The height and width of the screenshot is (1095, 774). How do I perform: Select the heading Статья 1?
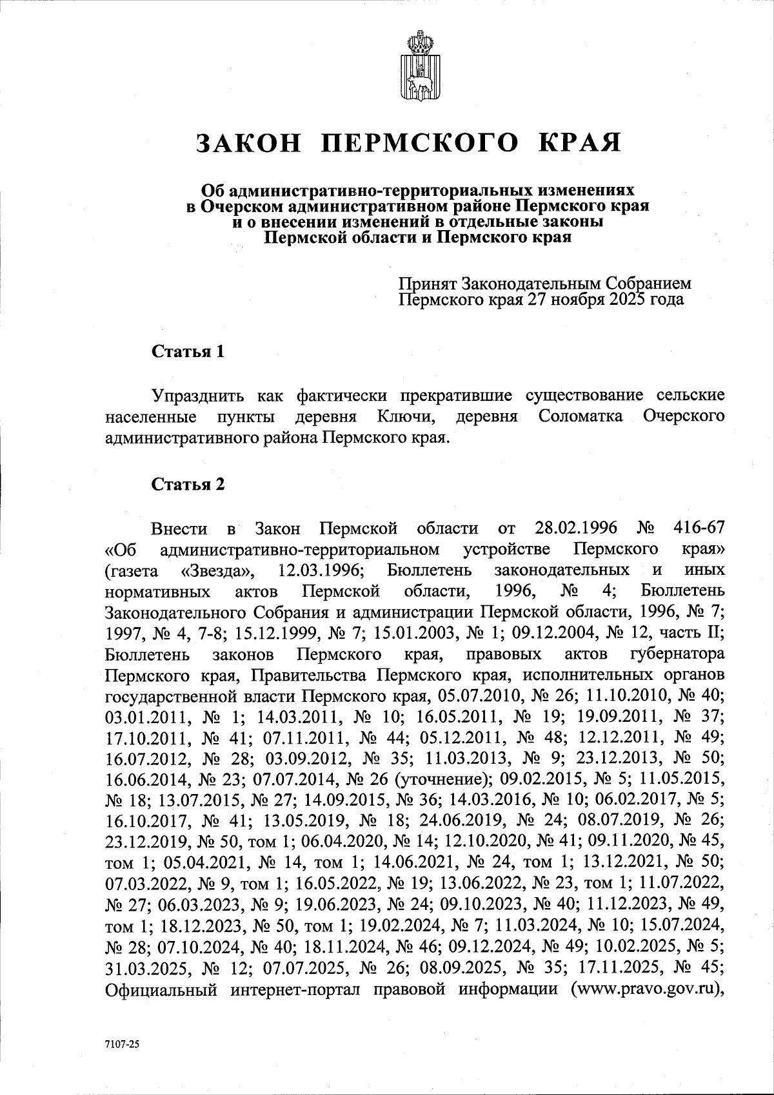click(188, 352)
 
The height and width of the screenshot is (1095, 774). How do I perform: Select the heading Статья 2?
click(188, 485)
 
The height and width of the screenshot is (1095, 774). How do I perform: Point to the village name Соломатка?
click(580, 416)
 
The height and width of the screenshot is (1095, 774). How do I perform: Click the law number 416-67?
click(699, 529)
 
